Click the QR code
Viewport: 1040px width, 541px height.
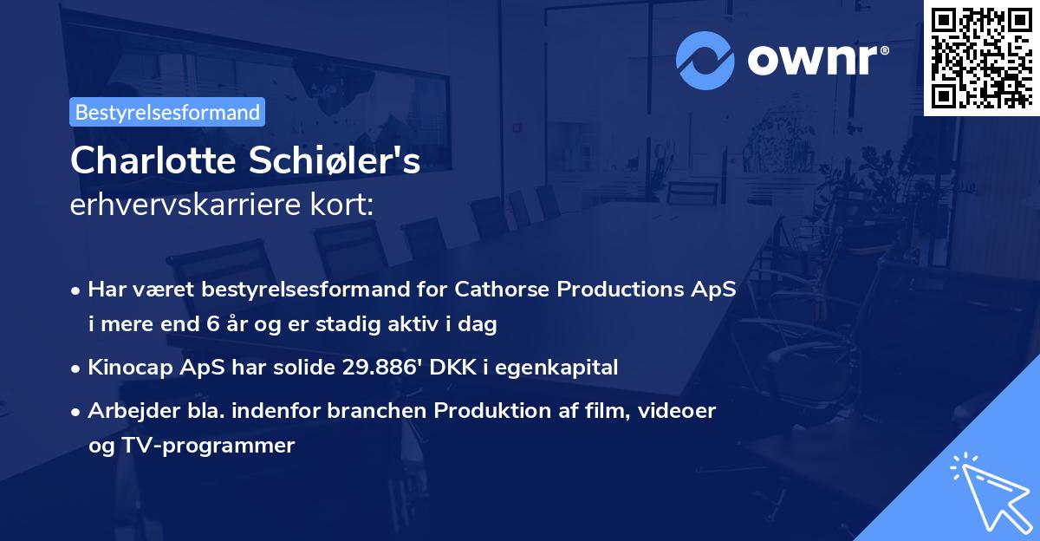[980, 57]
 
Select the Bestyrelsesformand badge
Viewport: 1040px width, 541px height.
[167, 112]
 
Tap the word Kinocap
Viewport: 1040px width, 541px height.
[129, 368]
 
